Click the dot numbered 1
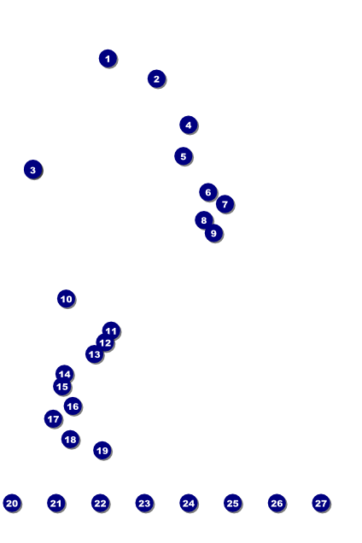click(x=108, y=59)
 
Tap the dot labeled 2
click(x=156, y=79)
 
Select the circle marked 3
click(x=33, y=170)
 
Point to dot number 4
click(x=189, y=125)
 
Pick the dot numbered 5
click(x=184, y=156)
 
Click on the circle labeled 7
click(x=225, y=204)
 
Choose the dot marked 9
click(x=213, y=233)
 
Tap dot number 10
click(x=66, y=299)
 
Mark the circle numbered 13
click(x=94, y=354)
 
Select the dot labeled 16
click(x=73, y=406)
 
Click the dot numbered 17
click(x=53, y=419)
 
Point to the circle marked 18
click(x=70, y=439)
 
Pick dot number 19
click(x=102, y=451)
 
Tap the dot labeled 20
click(x=12, y=503)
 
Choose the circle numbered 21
click(x=56, y=503)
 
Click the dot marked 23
click(x=144, y=503)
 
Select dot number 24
click(x=189, y=503)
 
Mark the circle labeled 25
click(x=233, y=503)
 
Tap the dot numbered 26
click(x=277, y=503)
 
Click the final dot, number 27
click(x=321, y=503)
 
